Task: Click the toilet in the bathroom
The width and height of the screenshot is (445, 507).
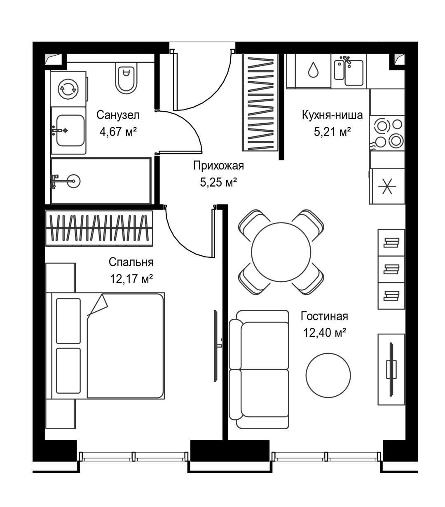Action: [x=126, y=77]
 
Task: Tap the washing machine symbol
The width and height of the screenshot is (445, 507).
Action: [x=68, y=89]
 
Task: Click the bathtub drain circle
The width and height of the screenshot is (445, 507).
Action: [x=73, y=181]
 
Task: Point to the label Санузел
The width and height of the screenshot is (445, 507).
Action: [x=118, y=115]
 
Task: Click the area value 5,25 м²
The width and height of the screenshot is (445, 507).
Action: [x=218, y=182]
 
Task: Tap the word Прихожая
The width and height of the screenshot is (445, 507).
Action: [x=218, y=166]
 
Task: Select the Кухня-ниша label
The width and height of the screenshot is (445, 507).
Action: [x=333, y=115]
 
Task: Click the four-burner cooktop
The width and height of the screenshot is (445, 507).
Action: [x=387, y=133]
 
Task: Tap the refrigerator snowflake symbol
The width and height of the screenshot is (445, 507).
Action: [x=387, y=186]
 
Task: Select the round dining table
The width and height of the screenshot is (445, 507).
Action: [x=281, y=252]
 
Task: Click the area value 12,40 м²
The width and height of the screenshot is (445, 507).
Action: [x=325, y=333]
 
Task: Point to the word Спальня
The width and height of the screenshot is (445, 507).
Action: [x=131, y=262]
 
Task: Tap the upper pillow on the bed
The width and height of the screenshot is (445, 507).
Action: [x=68, y=321]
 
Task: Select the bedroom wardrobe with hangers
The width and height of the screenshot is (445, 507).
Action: [x=99, y=228]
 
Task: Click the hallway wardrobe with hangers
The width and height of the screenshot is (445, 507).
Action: [x=260, y=103]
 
